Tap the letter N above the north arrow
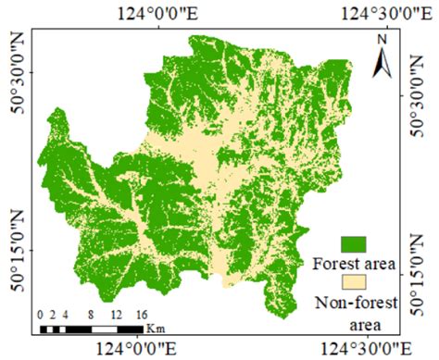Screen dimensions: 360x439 (382, 40)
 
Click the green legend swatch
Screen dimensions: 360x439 (355, 244)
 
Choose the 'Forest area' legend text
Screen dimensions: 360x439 (356, 264)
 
